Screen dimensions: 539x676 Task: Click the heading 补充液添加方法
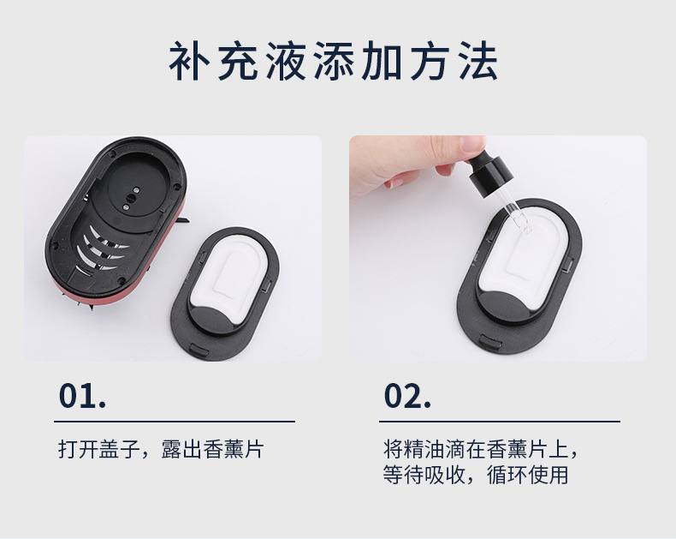tap(334, 62)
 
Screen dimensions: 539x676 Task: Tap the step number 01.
tap(81, 396)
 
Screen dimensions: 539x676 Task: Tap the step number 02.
tap(406, 396)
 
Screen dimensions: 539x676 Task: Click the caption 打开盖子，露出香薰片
tap(160, 449)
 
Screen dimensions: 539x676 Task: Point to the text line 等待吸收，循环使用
tap(475, 475)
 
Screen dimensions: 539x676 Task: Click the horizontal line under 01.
tap(175, 422)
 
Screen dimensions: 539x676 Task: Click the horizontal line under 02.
tap(500, 422)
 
